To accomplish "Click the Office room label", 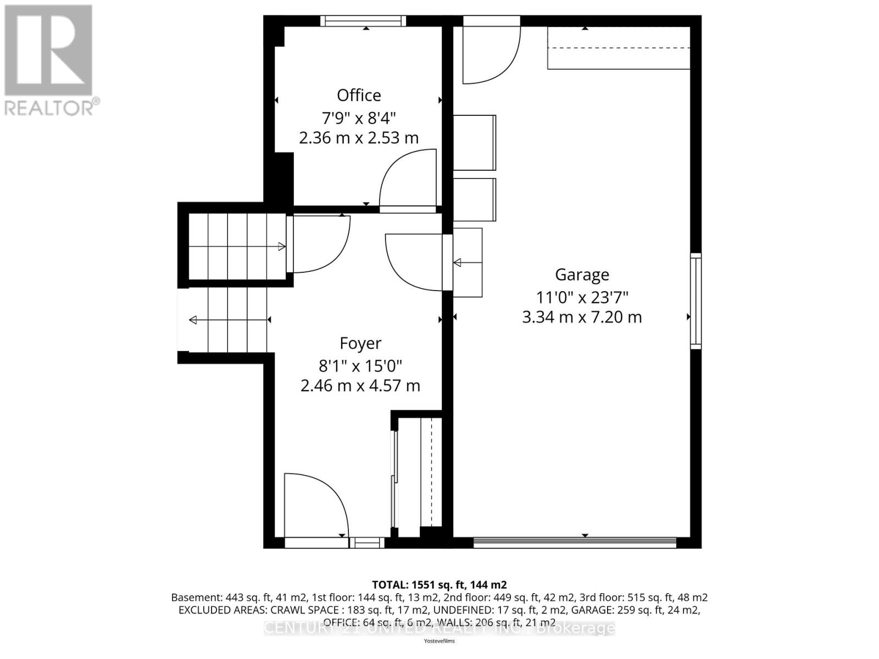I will click(359, 96).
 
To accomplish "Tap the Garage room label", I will click(582, 275).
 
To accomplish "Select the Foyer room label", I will click(360, 343).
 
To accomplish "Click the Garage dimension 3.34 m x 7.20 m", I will click(582, 317).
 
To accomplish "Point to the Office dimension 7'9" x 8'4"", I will click(359, 117).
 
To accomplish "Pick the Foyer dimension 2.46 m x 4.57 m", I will click(360, 386).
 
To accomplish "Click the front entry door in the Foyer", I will click(316, 505).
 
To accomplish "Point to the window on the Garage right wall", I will click(696, 301).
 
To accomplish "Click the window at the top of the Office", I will click(363, 21).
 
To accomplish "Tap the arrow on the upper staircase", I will click(281, 247).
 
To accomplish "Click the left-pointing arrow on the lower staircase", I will click(193, 320).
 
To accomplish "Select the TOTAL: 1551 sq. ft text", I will click(439, 585).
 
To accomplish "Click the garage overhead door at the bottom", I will click(575, 543).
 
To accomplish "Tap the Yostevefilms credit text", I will click(439, 641).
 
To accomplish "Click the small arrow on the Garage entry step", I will click(458, 263).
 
